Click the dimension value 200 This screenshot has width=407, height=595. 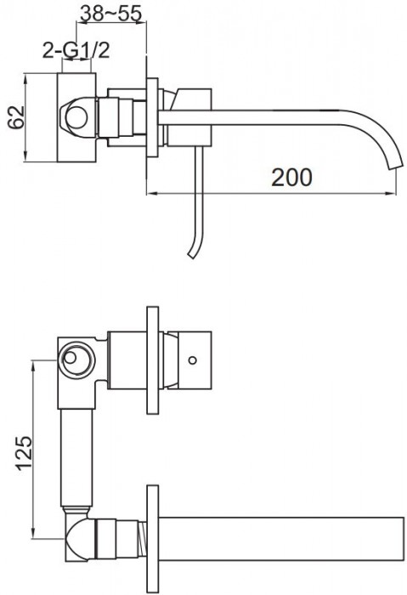(x=291, y=177)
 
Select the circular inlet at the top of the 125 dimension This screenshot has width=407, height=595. (x=75, y=359)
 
